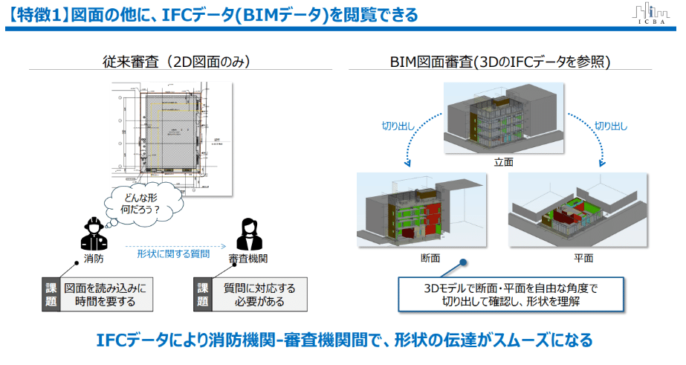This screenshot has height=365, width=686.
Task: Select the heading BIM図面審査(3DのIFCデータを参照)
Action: click(500, 62)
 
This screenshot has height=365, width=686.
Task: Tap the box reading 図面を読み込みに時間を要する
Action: click(100, 294)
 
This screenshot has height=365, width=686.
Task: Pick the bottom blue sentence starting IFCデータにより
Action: click(344, 340)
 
